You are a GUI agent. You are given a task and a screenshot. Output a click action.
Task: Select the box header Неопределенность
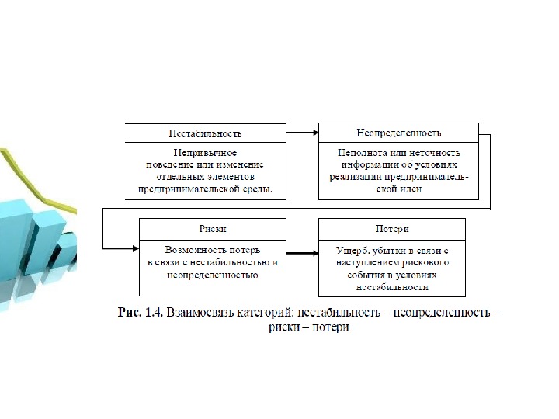coord(398,132)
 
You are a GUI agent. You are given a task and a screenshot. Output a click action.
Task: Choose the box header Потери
coord(392,229)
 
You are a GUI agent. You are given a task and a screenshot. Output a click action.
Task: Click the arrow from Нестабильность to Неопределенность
coord(302,133)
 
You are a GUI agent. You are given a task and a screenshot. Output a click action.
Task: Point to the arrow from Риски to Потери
coord(301,251)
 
